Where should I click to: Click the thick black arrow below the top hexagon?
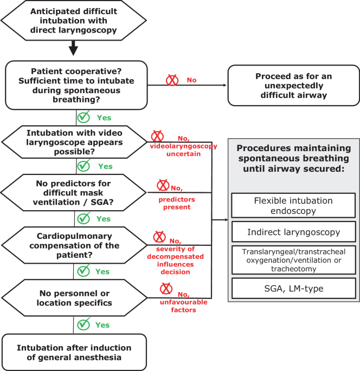click(73, 48)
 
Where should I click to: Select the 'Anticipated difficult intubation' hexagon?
click(74, 21)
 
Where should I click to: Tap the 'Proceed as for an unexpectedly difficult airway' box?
click(294, 86)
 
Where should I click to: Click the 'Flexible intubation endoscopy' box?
click(293, 205)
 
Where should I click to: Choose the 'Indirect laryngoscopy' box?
click(294, 232)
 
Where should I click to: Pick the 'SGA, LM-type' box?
click(294, 289)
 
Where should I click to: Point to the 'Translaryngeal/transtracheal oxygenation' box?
click(294, 260)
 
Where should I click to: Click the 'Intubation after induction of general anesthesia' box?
click(74, 352)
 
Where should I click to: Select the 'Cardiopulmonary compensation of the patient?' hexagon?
click(74, 245)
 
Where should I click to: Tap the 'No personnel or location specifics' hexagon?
click(74, 298)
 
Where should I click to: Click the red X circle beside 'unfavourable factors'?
click(166, 289)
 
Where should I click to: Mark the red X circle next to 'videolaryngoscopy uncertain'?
click(157, 136)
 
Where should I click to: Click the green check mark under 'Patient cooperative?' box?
click(83, 116)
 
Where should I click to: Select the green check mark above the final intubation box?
click(83, 324)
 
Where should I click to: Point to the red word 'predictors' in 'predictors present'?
click(177, 199)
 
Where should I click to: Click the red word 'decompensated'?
click(175, 257)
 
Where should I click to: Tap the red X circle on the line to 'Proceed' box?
click(172, 80)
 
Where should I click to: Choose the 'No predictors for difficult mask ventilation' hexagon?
click(73, 193)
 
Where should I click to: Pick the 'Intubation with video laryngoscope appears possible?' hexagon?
click(74, 142)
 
